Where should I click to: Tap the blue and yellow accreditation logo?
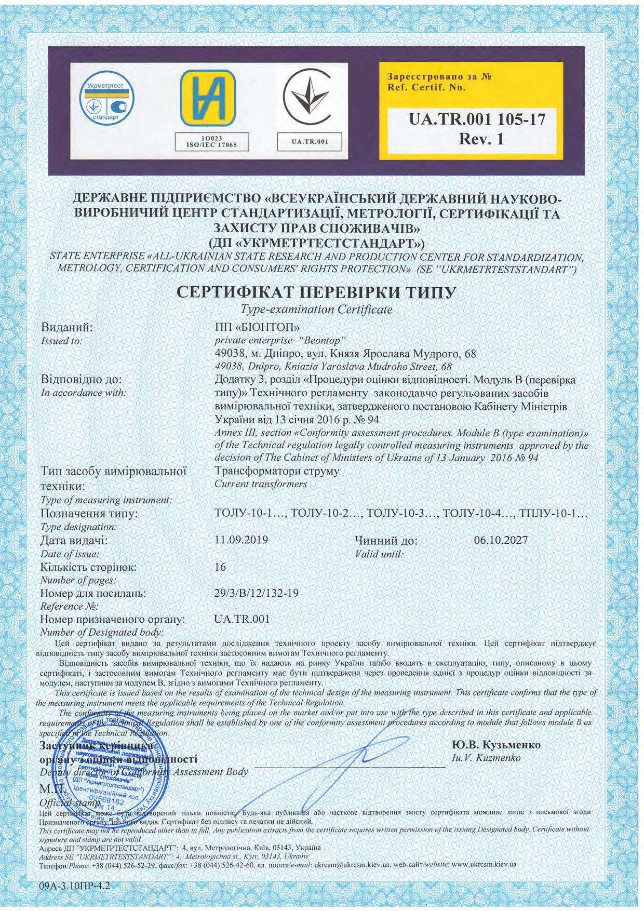point(208,99)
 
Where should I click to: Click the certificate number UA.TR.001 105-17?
point(477,120)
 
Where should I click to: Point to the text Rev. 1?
point(477,139)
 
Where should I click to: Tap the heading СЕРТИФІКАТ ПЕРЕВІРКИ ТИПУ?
point(316,292)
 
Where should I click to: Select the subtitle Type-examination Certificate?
point(316,310)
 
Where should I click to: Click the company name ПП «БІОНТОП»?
point(258,328)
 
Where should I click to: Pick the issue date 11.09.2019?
point(241,540)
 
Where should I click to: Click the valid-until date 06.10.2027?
point(501,540)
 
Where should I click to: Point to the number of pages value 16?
point(220,567)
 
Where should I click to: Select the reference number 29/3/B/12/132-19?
point(256,593)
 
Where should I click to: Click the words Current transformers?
point(261,484)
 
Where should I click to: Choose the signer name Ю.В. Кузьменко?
point(497,745)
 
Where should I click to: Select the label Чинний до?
point(386,541)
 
